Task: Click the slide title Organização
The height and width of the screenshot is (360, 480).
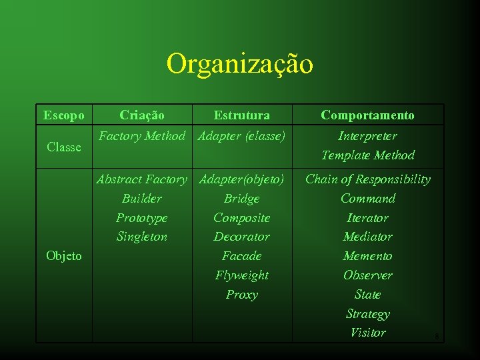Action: tap(239, 65)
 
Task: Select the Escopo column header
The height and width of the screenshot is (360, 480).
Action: tap(63, 115)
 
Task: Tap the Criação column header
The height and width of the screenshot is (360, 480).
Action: tap(142, 115)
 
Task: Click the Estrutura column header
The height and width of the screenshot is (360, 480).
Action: tap(242, 115)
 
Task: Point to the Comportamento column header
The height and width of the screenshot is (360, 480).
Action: tap(367, 115)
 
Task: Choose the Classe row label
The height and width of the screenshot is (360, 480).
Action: tap(64, 147)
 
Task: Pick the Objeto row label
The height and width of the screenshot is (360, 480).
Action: tap(64, 256)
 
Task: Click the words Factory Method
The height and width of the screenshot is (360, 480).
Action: tap(142, 136)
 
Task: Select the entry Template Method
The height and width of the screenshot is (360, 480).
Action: tap(367, 155)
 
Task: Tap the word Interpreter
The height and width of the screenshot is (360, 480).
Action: tap(367, 136)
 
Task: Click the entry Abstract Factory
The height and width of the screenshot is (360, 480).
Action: tap(142, 179)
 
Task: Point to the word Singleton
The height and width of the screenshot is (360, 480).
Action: tap(142, 237)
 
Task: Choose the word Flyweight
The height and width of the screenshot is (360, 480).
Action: tap(242, 275)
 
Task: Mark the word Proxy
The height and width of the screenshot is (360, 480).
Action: tap(242, 295)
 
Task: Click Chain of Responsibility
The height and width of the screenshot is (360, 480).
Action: tap(367, 179)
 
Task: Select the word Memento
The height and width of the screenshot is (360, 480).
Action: tap(367, 256)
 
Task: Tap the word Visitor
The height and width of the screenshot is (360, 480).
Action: tap(367, 333)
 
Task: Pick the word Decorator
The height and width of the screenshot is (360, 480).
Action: tap(242, 237)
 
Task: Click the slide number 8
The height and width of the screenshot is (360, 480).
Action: tap(437, 337)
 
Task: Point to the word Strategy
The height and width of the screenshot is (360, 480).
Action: tap(367, 314)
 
